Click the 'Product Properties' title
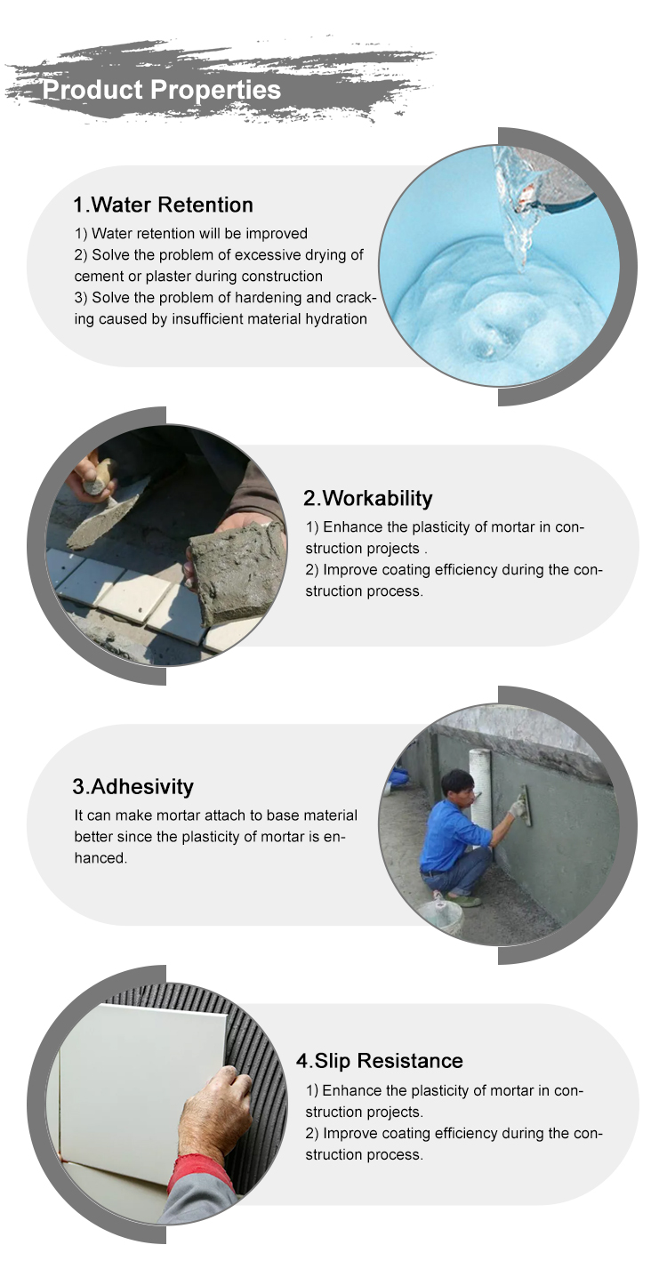click(x=162, y=90)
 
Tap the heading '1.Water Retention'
click(x=164, y=205)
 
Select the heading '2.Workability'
click(x=368, y=498)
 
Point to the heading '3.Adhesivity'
click(x=133, y=786)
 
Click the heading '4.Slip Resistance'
click(x=380, y=1061)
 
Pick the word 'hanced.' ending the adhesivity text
click(x=100, y=857)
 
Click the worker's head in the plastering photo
click(x=457, y=785)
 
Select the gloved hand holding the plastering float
click(x=517, y=807)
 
